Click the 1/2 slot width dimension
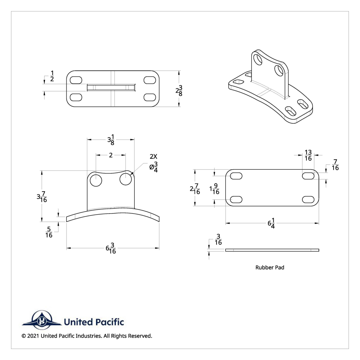[52, 76]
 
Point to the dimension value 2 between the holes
[111, 155]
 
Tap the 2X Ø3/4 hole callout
[153, 163]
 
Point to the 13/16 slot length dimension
[308, 155]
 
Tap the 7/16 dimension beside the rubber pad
[335, 165]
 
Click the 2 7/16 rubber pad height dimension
[195, 189]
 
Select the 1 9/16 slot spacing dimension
[214, 189]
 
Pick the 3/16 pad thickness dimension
[218, 240]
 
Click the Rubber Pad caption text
[270, 267]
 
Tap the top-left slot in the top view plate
[76, 80]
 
